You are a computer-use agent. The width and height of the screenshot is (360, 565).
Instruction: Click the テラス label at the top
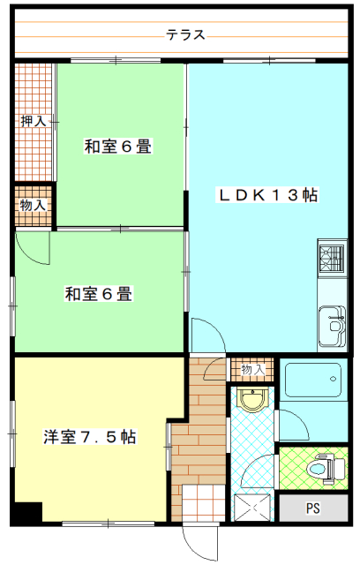[x=185, y=35]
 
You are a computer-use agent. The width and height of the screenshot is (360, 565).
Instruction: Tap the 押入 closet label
[x=34, y=121]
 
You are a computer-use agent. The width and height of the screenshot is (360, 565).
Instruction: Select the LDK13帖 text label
[x=267, y=195]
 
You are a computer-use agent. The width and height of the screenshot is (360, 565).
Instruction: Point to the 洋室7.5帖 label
[x=90, y=437]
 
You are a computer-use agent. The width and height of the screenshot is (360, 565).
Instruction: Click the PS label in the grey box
[x=313, y=508]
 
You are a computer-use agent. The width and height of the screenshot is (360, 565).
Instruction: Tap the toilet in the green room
[x=325, y=469]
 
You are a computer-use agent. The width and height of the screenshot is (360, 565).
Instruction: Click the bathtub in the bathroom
[x=313, y=380]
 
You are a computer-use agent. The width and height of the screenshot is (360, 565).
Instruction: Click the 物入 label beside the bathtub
[x=252, y=369]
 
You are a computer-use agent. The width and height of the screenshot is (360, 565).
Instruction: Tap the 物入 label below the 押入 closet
[x=33, y=206]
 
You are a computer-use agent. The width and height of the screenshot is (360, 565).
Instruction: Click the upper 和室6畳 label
[x=117, y=147]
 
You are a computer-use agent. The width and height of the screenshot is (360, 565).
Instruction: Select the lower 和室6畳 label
[x=99, y=293]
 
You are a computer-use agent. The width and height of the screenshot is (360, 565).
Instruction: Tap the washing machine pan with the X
[x=252, y=508]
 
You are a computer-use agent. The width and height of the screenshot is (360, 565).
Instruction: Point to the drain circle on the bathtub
[x=333, y=379]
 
